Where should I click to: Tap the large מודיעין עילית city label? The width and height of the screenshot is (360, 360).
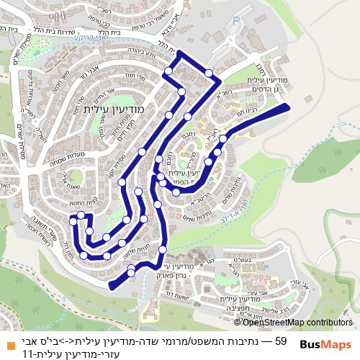[114, 108]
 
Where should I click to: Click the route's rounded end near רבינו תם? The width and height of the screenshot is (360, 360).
[286, 109]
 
